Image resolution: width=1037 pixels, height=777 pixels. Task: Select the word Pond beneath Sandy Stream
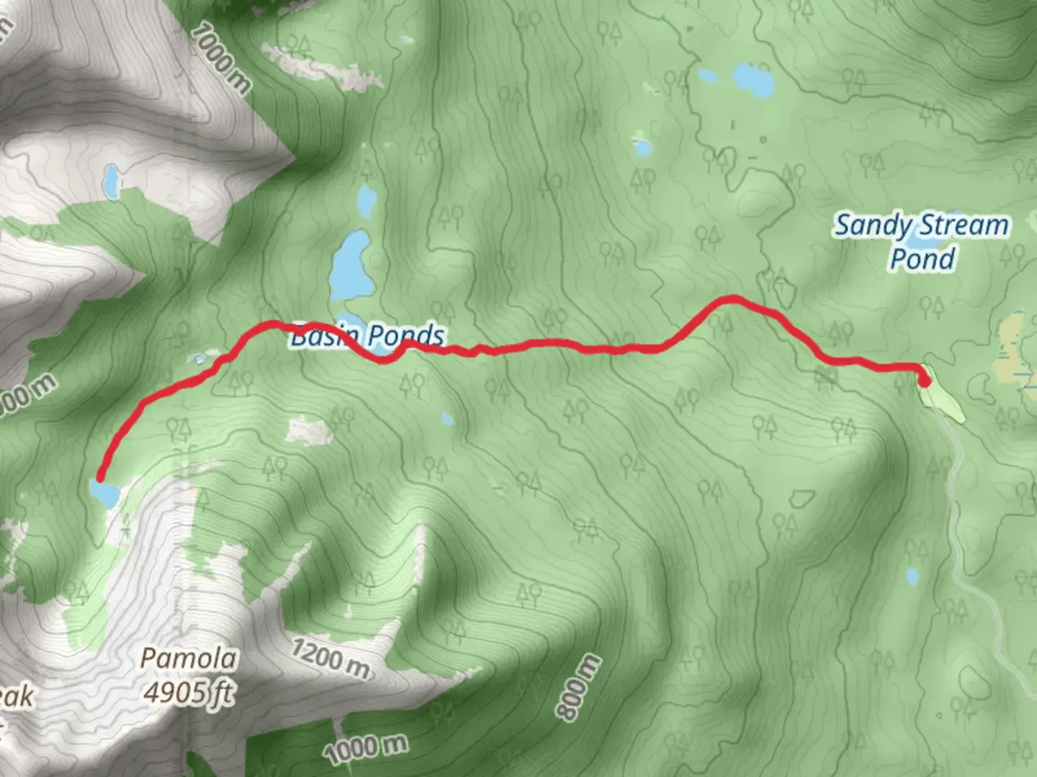point(922,259)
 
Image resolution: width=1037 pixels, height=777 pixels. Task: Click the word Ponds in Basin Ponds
point(406,335)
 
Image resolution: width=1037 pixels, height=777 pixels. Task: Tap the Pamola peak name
point(189,658)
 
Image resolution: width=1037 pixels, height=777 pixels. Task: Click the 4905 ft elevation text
point(189,692)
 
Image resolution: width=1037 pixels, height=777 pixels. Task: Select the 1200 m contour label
point(331,658)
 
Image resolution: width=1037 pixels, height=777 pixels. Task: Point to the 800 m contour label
point(578,686)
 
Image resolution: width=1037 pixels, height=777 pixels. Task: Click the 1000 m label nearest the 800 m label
point(366,750)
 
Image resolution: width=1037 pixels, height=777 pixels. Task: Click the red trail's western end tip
point(100,477)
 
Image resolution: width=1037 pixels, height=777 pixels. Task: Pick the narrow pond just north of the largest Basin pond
point(367,201)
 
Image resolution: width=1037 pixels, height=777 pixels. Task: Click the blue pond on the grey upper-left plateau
point(111,183)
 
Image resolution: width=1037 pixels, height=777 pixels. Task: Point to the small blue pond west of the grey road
point(912,576)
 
